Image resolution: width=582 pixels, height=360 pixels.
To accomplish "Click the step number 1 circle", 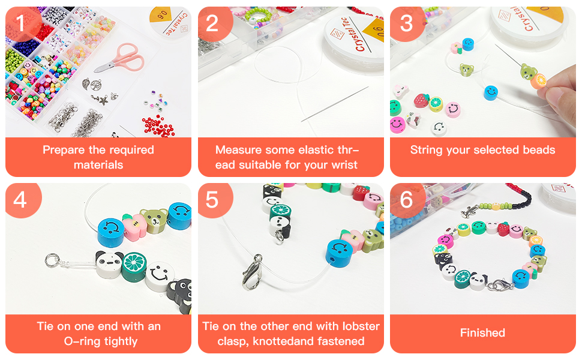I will [21, 23].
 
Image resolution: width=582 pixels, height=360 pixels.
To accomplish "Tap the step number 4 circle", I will [21, 199].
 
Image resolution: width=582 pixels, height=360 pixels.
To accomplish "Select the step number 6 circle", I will [406, 199].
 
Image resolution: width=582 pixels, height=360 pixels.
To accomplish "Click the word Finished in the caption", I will [482, 332].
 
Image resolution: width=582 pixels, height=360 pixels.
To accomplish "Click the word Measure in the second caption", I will [241, 150].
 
